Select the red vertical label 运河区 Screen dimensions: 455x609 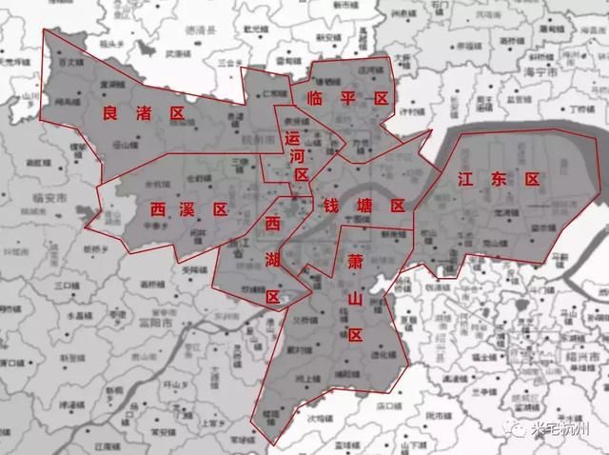point(299,156)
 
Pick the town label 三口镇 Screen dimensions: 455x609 point(67,285)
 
